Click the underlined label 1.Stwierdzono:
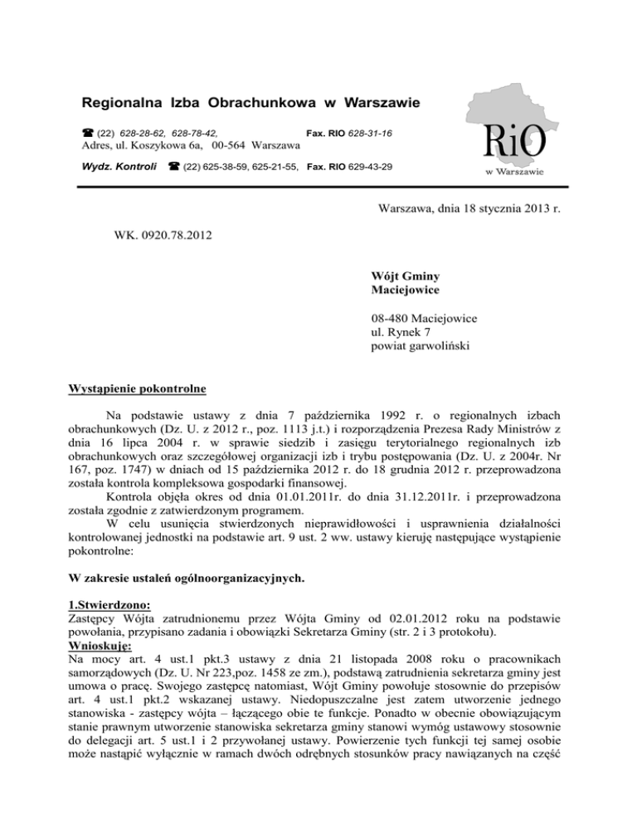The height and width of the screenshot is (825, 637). [109, 582]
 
